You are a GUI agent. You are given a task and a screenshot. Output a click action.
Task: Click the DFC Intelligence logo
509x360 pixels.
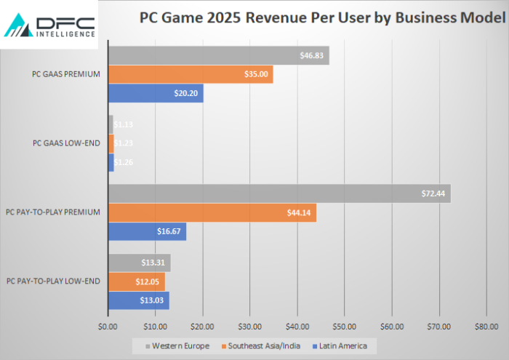(49, 25)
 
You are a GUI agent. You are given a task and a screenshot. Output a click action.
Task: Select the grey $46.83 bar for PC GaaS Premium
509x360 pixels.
(218, 55)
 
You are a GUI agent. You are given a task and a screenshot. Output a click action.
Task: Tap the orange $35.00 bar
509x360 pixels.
(191, 74)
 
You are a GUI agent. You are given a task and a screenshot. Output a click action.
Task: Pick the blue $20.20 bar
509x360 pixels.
(156, 93)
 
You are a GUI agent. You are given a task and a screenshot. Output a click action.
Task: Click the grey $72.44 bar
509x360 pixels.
(279, 193)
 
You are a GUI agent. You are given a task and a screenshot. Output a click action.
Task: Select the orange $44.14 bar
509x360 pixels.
(212, 212)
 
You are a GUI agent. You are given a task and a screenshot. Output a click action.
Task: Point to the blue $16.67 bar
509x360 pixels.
(147, 231)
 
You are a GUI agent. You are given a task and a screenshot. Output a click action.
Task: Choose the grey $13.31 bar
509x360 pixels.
(139, 263)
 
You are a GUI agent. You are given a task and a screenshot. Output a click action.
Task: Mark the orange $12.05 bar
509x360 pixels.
(136, 281)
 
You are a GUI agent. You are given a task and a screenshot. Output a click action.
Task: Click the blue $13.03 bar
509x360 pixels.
(138, 300)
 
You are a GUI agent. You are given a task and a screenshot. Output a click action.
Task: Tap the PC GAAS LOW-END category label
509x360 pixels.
(68, 143)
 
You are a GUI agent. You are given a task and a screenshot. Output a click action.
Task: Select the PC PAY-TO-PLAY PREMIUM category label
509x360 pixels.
(52, 212)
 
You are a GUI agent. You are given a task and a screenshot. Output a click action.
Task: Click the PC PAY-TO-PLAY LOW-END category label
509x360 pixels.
(52, 281)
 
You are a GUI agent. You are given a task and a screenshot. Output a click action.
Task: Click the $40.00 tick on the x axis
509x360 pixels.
(297, 327)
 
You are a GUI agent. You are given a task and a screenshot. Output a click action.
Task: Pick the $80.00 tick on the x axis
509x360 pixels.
(486, 327)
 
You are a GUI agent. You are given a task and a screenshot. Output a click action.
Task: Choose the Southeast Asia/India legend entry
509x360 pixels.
(261, 345)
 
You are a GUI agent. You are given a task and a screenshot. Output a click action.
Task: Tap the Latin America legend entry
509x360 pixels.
(340, 345)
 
